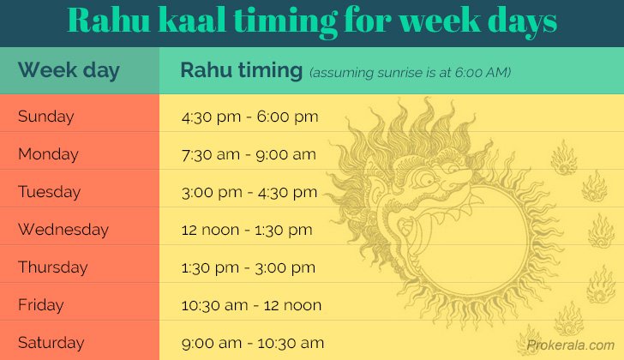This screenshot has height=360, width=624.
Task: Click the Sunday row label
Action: (x=45, y=117)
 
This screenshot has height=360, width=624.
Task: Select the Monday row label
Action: (x=48, y=154)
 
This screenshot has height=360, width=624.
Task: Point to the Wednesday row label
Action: (x=63, y=230)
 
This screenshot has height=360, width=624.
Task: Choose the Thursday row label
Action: (x=52, y=267)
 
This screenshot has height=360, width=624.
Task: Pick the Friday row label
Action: (x=40, y=305)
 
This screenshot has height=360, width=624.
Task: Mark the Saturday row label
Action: (x=51, y=343)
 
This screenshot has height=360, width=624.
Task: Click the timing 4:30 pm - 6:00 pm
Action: (x=249, y=117)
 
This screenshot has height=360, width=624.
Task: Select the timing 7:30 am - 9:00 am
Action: (x=249, y=154)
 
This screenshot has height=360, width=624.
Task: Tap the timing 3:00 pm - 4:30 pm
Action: (x=249, y=192)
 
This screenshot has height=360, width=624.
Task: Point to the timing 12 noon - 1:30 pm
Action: (x=247, y=230)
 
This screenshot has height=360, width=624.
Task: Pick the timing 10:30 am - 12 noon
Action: (x=251, y=305)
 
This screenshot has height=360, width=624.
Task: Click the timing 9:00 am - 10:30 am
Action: (x=253, y=343)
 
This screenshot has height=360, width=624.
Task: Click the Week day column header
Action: (x=69, y=70)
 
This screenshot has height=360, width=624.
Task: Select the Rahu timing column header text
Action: (x=242, y=70)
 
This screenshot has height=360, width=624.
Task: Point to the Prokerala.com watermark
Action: (x=571, y=345)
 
